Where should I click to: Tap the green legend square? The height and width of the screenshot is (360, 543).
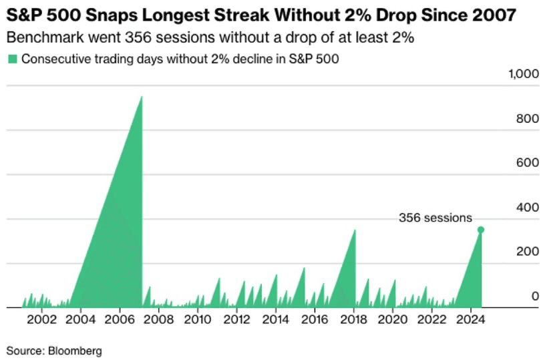12,59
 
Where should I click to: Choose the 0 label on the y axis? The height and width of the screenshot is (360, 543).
535,296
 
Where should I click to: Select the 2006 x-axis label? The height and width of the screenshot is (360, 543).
120,320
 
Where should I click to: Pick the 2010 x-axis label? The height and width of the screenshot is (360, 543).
198,320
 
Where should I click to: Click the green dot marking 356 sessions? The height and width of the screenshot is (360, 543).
481,230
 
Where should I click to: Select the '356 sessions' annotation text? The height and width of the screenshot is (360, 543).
435,218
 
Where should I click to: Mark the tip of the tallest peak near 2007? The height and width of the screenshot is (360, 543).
142,97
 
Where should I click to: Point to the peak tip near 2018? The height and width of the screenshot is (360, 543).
355,230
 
